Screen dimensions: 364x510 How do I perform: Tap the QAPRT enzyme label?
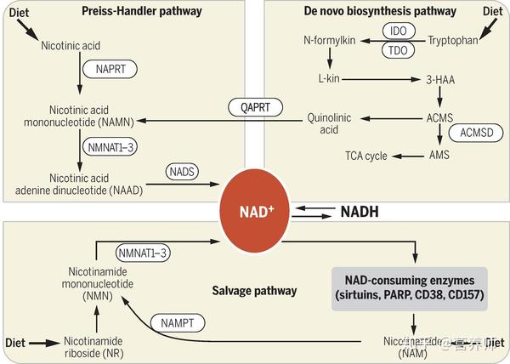tap(250, 108)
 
